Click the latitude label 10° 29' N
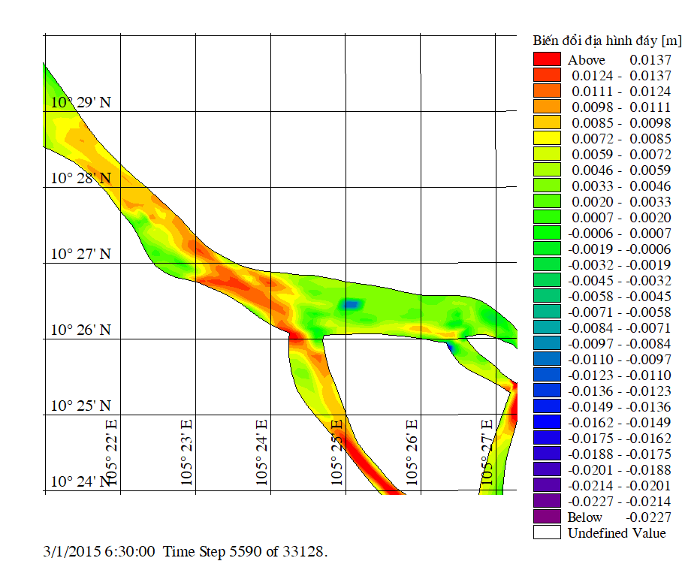80,102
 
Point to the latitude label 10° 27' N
80,254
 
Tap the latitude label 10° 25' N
80,406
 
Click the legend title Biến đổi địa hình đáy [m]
607,40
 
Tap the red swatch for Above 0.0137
547,59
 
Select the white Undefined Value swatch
547,532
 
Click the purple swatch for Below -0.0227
547,517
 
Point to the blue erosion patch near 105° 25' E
350,304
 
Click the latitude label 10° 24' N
80,481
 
